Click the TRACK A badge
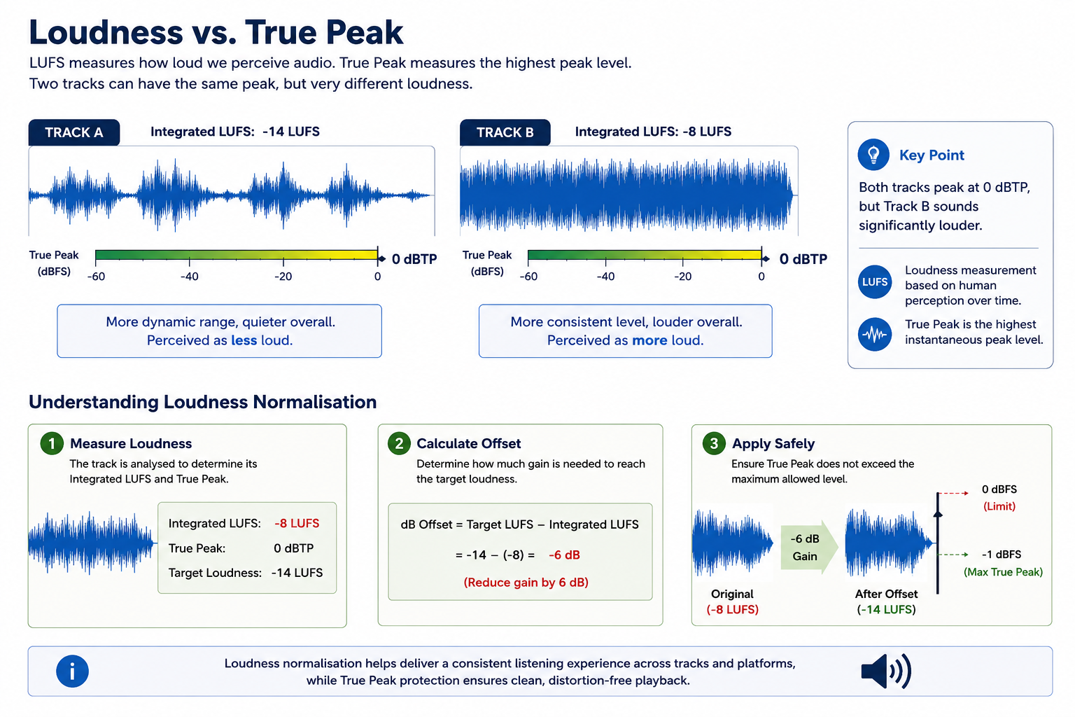74,132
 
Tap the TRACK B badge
505,132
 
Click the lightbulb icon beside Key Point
873,155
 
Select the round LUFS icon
874,282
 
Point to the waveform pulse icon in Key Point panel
874,334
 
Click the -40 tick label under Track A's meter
189,277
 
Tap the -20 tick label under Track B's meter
682,277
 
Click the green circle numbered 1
52,443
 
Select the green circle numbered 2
399,443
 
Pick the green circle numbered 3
714,443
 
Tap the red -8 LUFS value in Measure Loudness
297,524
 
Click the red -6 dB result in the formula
564,555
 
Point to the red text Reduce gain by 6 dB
526,583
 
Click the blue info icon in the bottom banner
73,671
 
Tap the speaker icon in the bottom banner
886,671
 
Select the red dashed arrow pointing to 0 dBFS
953,493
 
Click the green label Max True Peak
1003,572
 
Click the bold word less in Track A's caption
244,340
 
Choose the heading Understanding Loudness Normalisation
202,402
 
